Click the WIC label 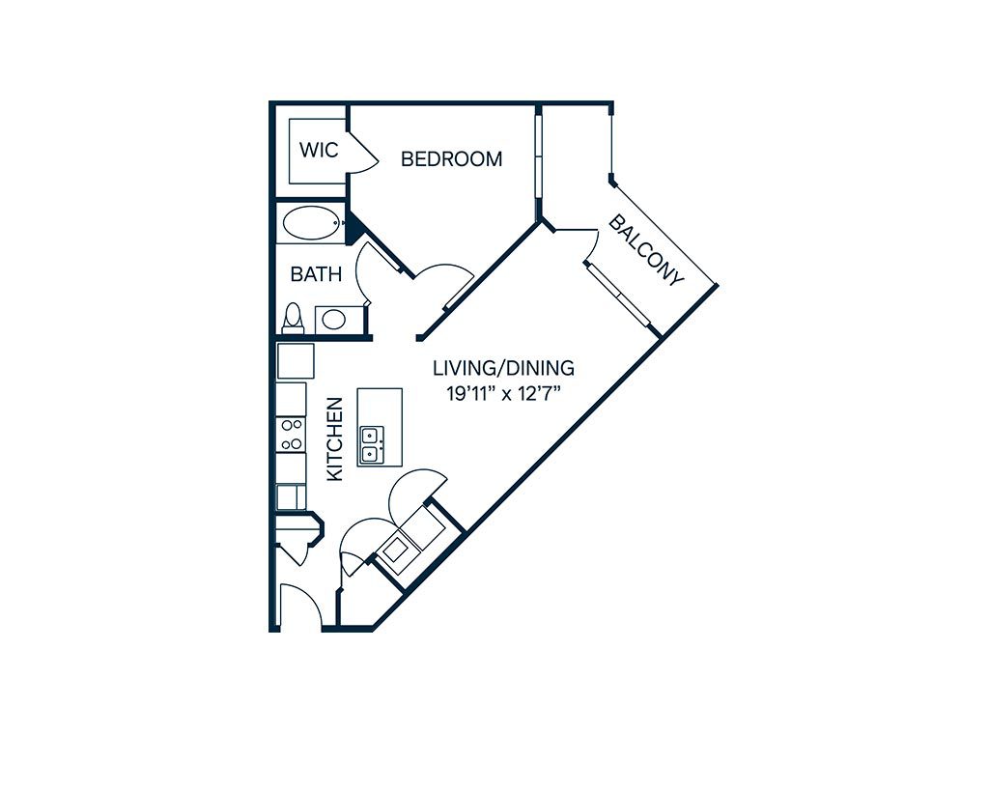[319, 150]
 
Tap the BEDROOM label [452, 159]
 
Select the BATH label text [316, 274]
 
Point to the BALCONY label [646, 250]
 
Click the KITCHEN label [335, 439]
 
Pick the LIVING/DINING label [503, 367]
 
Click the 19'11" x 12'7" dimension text [503, 394]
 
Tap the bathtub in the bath [312, 223]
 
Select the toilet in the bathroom [293, 318]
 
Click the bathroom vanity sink [333, 319]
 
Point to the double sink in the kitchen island [372, 444]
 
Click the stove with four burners [292, 434]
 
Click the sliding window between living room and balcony [619, 296]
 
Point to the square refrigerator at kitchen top [296, 361]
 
